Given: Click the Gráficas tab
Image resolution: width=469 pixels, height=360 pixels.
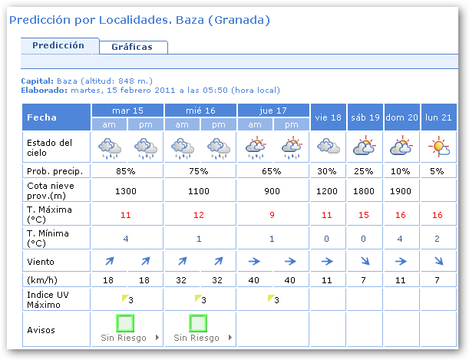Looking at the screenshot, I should [132, 47].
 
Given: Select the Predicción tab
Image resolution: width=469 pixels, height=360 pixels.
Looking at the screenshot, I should [58, 45].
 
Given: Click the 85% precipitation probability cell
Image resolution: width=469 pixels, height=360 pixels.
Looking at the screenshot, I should [127, 170].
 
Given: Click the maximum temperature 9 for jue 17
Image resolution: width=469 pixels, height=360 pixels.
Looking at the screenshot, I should [272, 215].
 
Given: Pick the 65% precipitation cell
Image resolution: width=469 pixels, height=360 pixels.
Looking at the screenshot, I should [272, 170].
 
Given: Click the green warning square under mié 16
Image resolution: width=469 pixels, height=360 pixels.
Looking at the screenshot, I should [200, 322].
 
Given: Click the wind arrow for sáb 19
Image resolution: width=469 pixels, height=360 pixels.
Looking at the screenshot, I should [365, 262].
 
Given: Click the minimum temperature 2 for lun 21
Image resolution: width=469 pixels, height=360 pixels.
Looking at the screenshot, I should [438, 239].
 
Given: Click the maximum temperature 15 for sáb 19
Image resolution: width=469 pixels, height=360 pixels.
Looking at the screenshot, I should [365, 215].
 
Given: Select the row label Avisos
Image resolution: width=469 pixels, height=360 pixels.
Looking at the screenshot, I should [41, 330].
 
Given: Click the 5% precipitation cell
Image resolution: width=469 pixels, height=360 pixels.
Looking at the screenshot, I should [438, 170].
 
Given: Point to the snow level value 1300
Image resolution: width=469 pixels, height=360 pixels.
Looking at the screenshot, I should [127, 190].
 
